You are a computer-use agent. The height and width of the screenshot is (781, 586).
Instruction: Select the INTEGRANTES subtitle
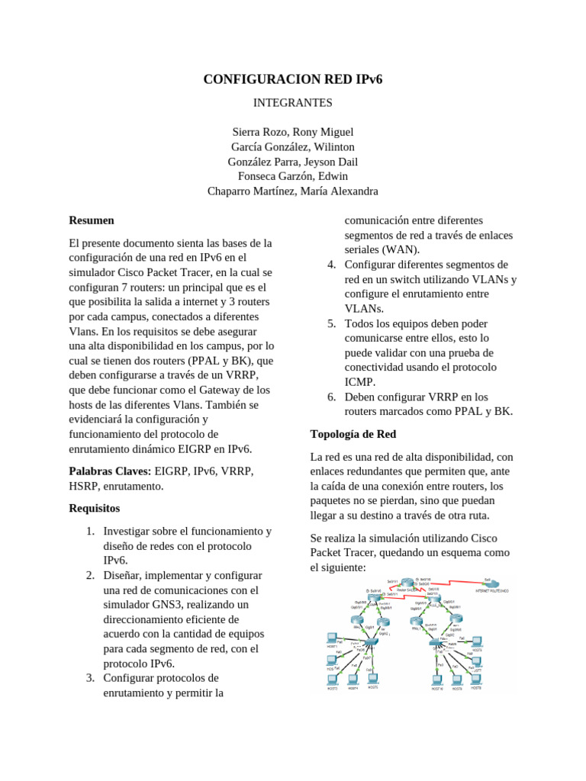coord(292,101)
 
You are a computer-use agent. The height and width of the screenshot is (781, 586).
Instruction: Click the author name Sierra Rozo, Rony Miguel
coord(292,132)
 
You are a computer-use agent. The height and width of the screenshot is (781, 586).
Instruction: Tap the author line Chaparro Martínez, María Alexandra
coord(292,191)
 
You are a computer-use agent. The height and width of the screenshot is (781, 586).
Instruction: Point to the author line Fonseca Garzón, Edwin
coord(292,176)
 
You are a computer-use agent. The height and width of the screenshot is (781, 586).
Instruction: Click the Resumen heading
coord(92,220)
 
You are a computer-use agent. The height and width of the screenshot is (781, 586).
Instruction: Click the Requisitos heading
coord(94,508)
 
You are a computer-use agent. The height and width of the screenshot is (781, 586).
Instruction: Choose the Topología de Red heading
coord(353,434)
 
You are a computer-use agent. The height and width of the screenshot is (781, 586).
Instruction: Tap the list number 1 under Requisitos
coord(89,531)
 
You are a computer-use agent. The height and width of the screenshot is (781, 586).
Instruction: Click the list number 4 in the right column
coord(331,265)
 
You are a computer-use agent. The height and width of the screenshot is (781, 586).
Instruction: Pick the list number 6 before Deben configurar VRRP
coord(331,397)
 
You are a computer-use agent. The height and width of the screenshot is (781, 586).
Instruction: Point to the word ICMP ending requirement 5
coord(359,382)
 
